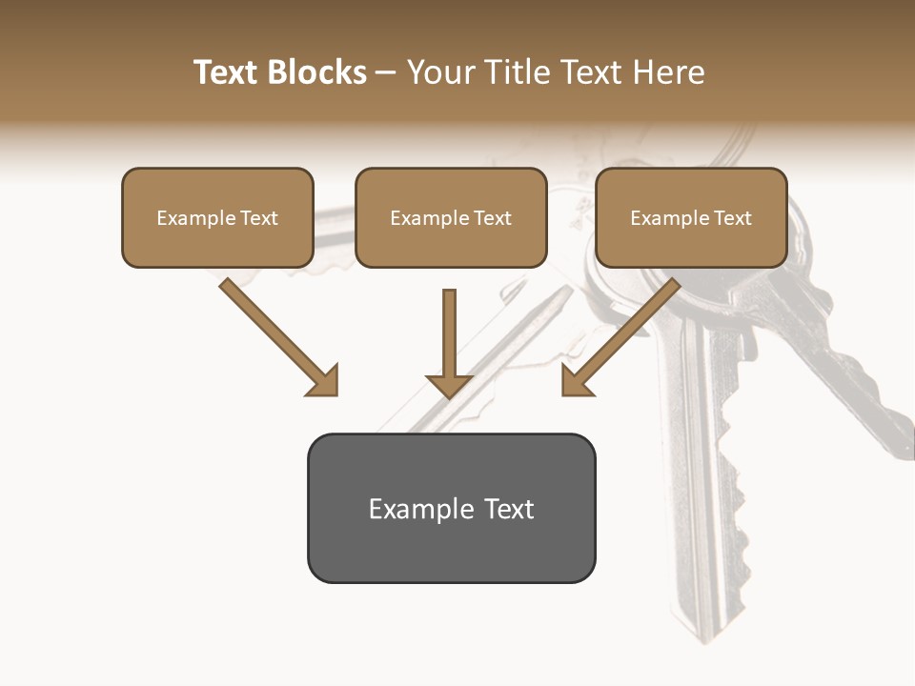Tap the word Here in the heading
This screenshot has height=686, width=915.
666,72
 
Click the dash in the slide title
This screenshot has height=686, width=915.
386,73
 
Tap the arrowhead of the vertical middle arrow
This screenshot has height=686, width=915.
449,386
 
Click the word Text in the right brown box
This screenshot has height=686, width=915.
732,218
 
